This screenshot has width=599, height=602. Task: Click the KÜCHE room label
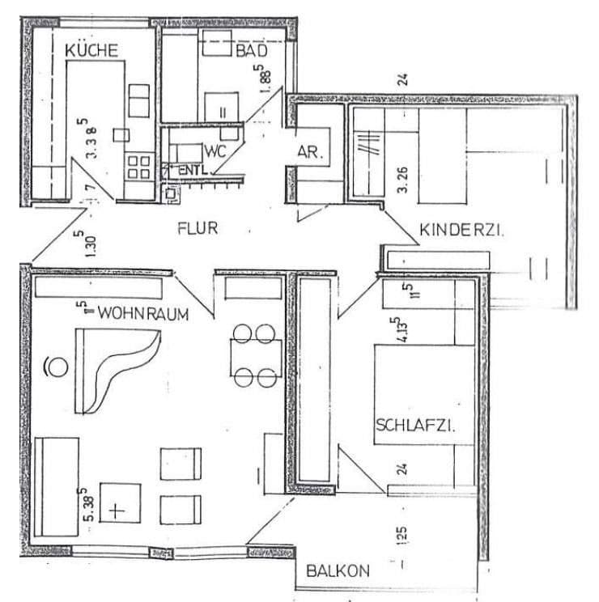[x=91, y=50]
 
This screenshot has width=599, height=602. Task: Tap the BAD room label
[x=251, y=51]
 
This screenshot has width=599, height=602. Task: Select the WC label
[x=215, y=151]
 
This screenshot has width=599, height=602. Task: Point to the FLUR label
[x=198, y=228]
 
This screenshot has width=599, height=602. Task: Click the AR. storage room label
[x=308, y=151]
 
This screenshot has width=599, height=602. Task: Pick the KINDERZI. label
[x=461, y=230]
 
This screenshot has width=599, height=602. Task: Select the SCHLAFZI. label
[x=414, y=426]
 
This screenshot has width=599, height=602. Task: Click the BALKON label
[x=338, y=570]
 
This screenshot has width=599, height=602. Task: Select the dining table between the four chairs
[x=256, y=354]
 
